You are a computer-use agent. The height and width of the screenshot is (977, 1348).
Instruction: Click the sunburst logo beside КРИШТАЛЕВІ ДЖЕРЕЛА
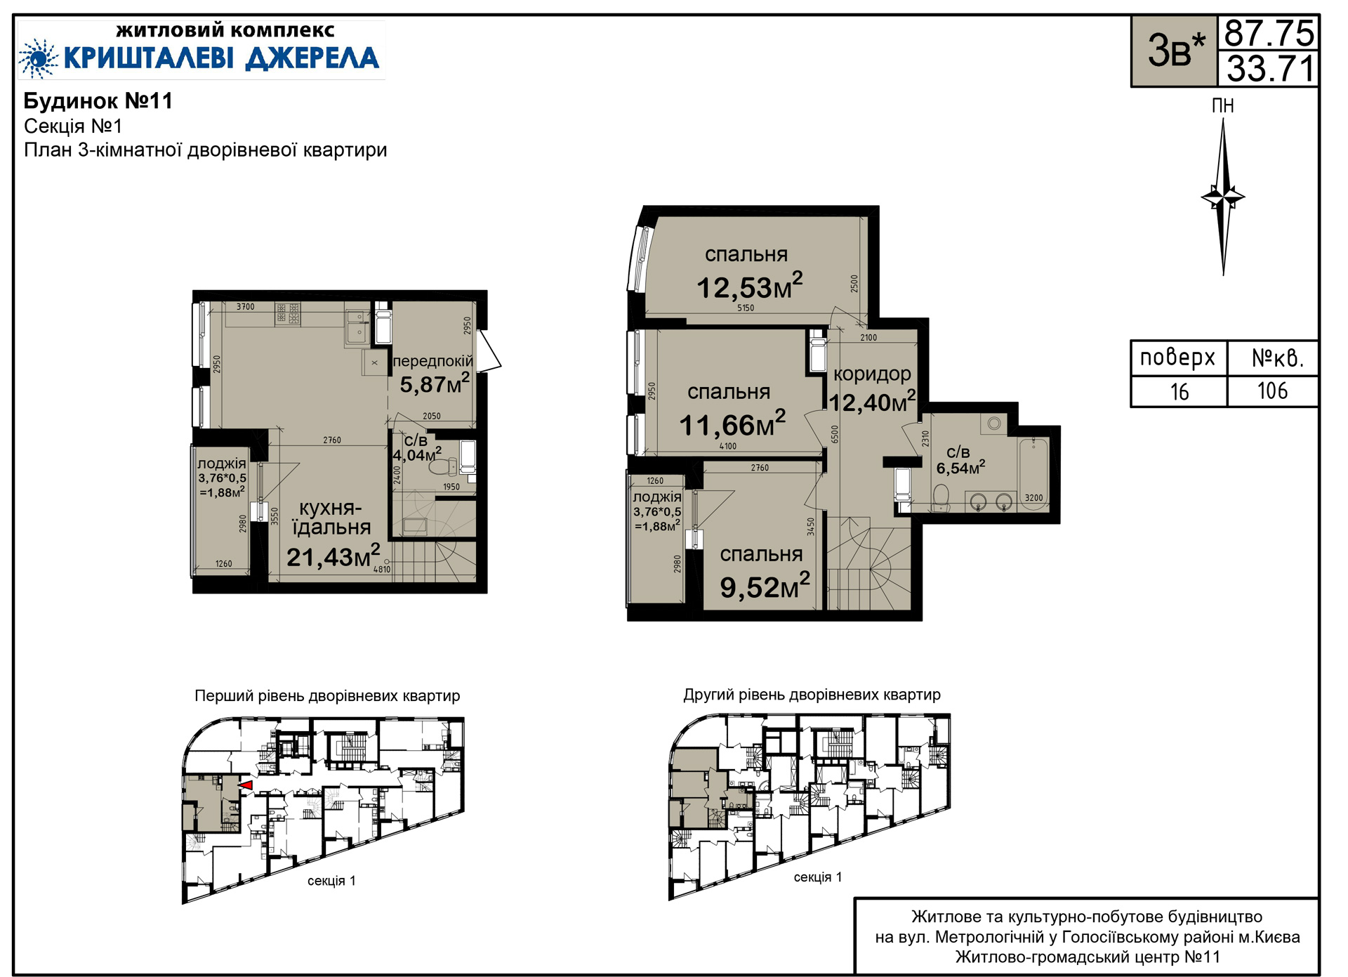39,58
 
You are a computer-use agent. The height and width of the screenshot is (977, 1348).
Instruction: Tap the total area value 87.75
1269,33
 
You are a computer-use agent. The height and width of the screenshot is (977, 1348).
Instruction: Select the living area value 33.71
1269,69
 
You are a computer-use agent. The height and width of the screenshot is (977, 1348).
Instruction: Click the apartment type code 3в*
1175,51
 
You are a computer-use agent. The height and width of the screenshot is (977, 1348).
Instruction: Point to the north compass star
1223,197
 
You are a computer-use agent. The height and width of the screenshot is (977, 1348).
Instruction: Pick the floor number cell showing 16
1179,392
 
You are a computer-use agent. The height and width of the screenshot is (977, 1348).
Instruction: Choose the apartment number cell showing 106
1272,391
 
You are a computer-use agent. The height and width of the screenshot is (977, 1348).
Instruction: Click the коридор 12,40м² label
872,388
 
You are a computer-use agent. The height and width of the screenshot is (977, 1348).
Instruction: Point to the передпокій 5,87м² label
433,373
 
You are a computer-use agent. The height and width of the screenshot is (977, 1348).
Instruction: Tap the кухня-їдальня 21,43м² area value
333,556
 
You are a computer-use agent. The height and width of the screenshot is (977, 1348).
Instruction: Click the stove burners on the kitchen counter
288,313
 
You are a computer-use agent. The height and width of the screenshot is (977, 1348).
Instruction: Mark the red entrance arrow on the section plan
245,785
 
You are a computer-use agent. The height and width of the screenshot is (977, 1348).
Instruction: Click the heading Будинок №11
98,101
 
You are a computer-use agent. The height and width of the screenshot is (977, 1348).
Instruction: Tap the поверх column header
1177,358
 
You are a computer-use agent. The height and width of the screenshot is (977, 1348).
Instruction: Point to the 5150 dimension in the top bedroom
746,308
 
